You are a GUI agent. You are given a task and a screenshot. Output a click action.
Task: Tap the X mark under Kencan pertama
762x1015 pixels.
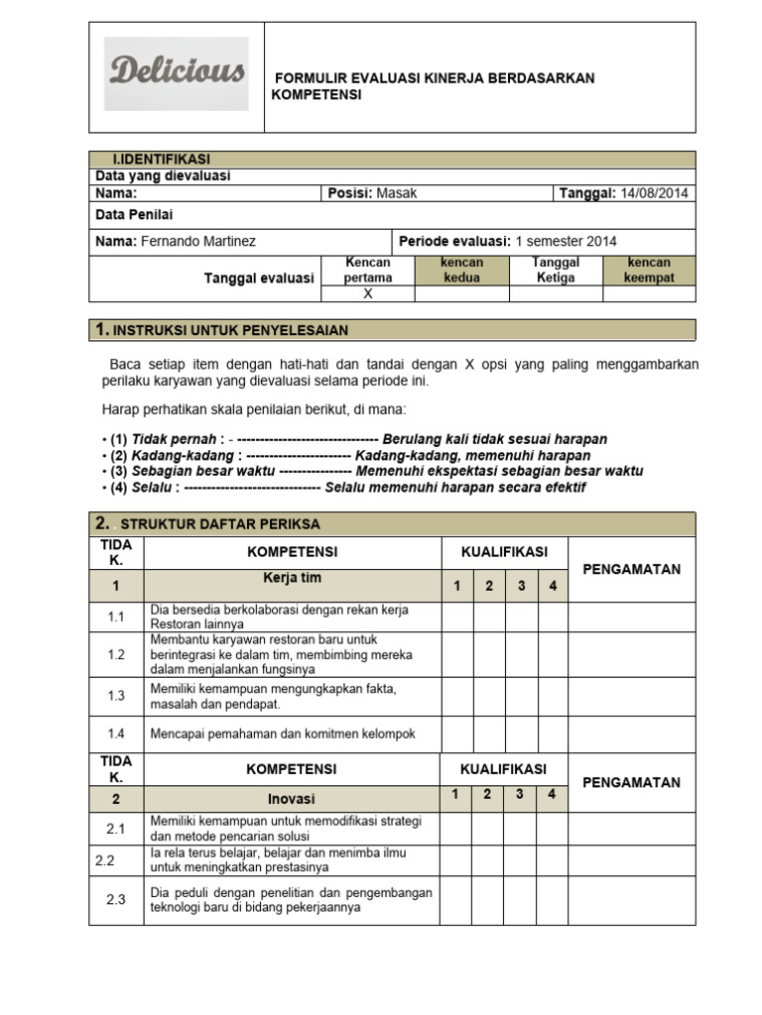(367, 293)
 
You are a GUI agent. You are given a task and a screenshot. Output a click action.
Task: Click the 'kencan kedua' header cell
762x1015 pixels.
(461, 270)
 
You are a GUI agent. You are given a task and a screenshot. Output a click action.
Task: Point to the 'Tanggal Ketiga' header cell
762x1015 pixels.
(555, 270)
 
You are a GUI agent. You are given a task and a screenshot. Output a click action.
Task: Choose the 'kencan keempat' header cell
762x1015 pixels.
(648, 270)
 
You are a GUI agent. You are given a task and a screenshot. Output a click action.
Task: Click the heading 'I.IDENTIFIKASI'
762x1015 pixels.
(161, 159)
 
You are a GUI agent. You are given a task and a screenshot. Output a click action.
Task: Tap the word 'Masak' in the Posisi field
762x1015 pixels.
(397, 193)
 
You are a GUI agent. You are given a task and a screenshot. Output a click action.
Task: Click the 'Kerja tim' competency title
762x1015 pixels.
(292, 578)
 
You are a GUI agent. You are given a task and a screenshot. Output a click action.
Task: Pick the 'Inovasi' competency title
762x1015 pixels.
(292, 798)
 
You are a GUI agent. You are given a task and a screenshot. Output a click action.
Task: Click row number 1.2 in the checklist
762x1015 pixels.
(116, 655)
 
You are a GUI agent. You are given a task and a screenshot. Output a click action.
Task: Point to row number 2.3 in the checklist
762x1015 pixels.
(116, 899)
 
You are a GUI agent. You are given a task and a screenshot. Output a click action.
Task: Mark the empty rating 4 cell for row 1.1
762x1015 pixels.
(554, 617)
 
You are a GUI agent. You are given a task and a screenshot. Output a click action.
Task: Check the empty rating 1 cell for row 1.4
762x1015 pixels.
(457, 733)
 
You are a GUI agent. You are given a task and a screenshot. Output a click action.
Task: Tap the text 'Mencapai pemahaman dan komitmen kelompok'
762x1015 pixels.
(283, 734)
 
